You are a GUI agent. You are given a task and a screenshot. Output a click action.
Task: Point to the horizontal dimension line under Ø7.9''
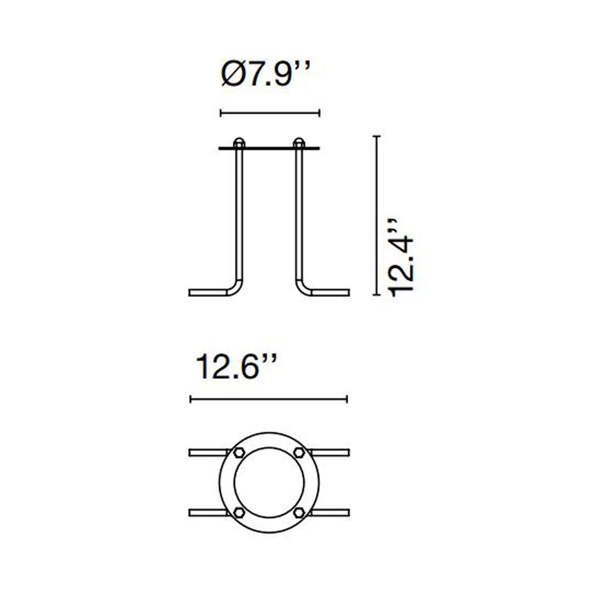(x=270, y=113)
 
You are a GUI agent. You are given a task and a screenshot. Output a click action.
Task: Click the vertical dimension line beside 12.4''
(x=377, y=215)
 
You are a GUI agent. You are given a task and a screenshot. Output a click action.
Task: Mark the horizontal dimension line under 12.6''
(x=269, y=399)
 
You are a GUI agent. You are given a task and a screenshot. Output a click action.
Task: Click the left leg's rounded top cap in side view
(x=238, y=142)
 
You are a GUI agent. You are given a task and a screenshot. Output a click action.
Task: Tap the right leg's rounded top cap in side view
(x=299, y=142)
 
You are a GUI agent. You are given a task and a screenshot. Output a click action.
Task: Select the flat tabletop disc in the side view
(x=269, y=148)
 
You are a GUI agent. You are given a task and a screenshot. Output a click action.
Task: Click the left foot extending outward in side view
(x=207, y=293)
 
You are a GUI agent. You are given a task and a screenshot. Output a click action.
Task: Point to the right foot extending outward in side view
(x=331, y=293)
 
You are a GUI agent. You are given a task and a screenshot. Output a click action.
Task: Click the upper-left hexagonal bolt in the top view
(x=239, y=453)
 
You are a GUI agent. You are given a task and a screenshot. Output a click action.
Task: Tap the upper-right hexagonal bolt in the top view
(x=299, y=453)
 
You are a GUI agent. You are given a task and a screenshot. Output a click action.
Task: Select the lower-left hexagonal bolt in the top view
(x=239, y=513)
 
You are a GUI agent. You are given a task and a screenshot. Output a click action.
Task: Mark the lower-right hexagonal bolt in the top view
(x=299, y=513)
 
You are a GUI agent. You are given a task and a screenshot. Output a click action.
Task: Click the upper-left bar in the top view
(x=207, y=453)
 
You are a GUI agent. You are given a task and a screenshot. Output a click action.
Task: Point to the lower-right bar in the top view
(x=331, y=513)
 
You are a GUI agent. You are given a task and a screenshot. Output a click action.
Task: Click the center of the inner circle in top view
(x=269, y=482)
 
